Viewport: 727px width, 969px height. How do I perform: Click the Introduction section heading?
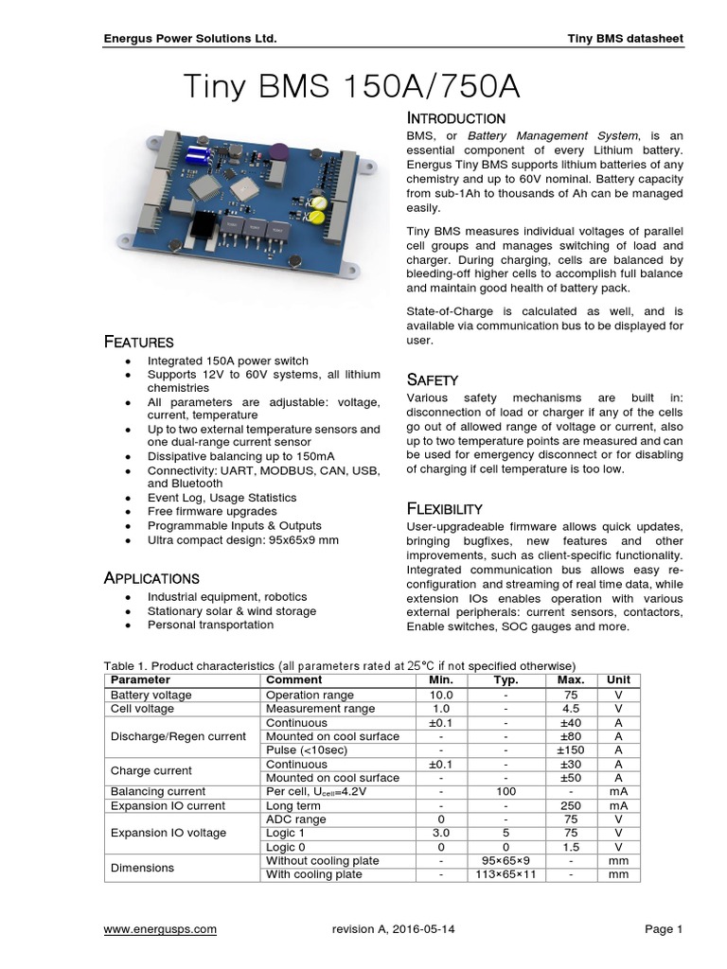coord(455,118)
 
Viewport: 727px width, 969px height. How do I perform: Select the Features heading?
coord(138,342)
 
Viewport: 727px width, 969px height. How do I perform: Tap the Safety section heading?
coord(433,379)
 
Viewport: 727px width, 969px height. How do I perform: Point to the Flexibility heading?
coord(444,508)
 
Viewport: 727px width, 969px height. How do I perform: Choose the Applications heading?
coord(151,578)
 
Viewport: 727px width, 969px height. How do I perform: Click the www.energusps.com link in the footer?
coord(160,929)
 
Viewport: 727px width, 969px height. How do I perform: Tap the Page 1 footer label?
coord(664,929)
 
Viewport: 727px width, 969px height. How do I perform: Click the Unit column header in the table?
coord(618,680)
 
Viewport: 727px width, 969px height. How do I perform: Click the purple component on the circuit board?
coord(277,150)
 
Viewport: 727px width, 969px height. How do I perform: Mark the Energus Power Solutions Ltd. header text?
coord(190,39)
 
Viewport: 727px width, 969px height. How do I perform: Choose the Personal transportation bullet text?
coord(210,625)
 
